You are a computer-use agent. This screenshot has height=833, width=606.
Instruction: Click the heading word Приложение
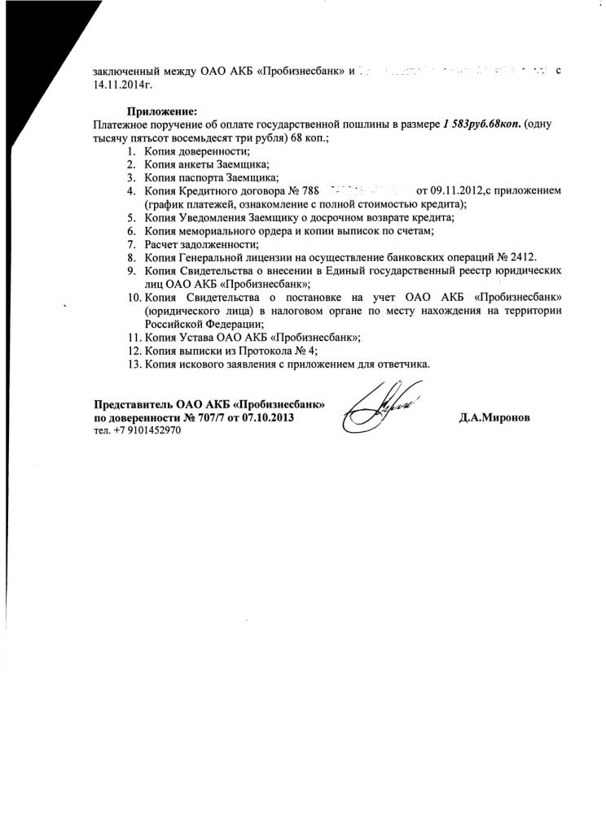tap(161, 111)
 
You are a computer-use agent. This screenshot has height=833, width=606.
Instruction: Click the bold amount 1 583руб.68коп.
tap(481, 124)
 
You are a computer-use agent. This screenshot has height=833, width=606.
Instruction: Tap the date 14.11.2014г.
tap(123, 84)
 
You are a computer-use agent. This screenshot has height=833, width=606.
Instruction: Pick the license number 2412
tap(519, 256)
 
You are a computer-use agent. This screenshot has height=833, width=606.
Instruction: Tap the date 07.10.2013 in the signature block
tap(268, 417)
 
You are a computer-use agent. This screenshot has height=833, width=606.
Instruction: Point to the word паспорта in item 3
tap(200, 177)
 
